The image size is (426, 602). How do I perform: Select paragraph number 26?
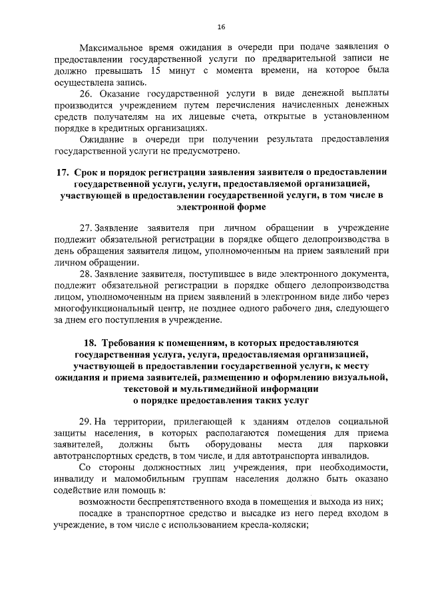(x=85, y=93)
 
